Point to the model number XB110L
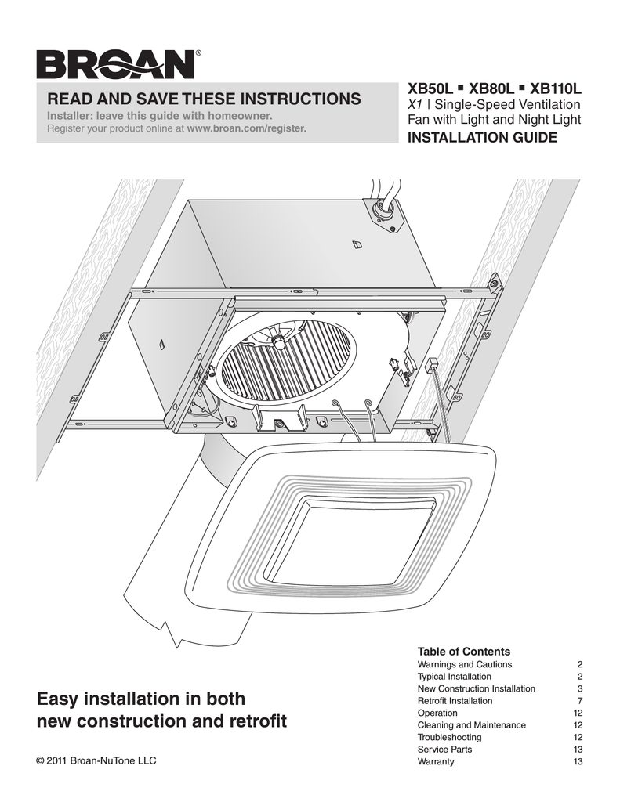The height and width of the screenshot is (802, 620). click(x=557, y=89)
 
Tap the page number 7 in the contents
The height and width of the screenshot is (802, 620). click(x=579, y=701)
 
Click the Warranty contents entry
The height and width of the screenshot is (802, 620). click(x=436, y=762)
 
